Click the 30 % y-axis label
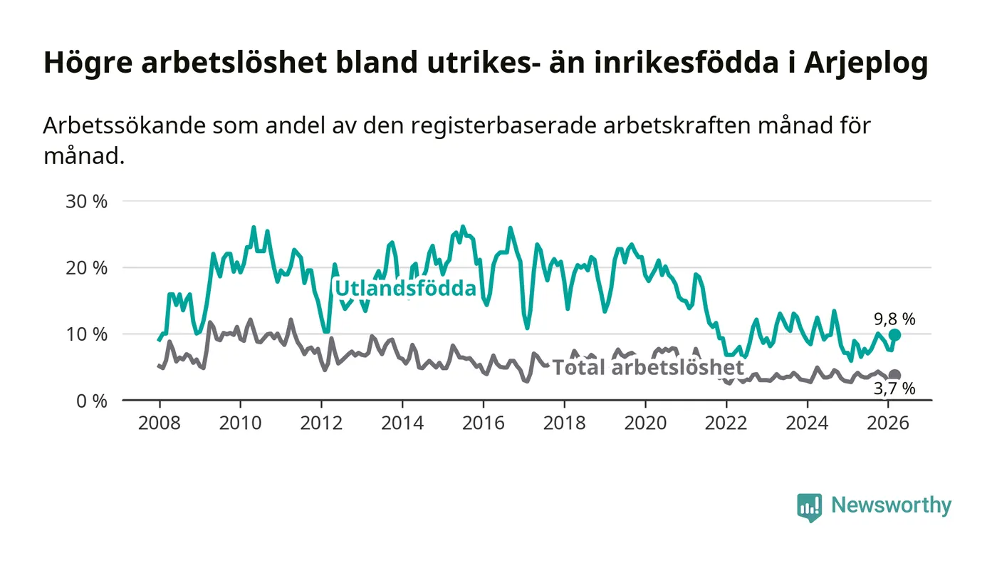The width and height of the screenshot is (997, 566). tap(86, 201)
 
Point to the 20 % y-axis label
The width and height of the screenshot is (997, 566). tap(86, 268)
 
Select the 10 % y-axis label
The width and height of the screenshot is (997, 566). tap(86, 334)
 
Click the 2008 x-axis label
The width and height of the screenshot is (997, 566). tap(159, 423)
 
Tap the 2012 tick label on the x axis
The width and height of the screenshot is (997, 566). tap(321, 423)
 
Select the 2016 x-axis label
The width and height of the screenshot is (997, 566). tap(483, 423)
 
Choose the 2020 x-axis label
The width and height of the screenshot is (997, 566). tap(645, 423)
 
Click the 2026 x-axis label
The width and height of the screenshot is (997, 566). tap(888, 423)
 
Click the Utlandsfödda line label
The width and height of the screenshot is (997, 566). tap(405, 288)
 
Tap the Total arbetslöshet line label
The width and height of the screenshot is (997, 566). tap(648, 368)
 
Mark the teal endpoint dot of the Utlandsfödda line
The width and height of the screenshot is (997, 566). tap(894, 335)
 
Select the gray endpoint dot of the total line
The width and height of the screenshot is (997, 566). tap(894, 375)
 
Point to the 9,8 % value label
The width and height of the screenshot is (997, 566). tap(894, 319)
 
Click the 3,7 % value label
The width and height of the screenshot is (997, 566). tap(894, 389)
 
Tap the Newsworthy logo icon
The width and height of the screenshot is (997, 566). tap(809, 507)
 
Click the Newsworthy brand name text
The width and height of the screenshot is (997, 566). tap(891, 505)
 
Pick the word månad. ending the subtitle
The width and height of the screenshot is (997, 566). tap(84, 155)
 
